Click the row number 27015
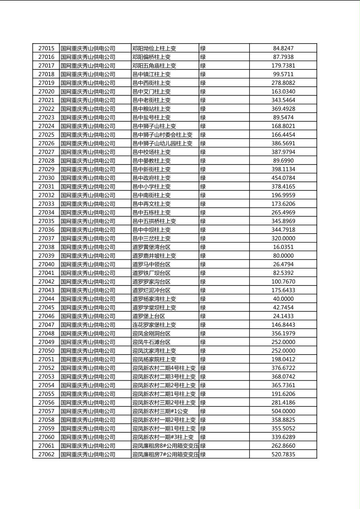click(46, 48)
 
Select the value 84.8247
click(283, 48)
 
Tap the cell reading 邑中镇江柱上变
click(151, 74)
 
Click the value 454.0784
click(283, 178)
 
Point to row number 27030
click(46, 178)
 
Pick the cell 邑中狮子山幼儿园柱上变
click(162, 143)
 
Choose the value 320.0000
click(283, 238)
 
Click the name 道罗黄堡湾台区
click(151, 247)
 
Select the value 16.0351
click(283, 247)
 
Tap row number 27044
click(46, 299)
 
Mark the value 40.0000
click(283, 299)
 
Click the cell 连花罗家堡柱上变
click(154, 325)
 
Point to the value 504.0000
click(283, 411)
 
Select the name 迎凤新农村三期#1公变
click(160, 411)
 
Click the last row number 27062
click(46, 454)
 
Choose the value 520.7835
click(283, 454)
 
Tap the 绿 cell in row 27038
click(203, 247)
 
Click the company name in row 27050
click(88, 350)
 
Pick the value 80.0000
click(283, 256)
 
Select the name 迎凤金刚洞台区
click(151, 334)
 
